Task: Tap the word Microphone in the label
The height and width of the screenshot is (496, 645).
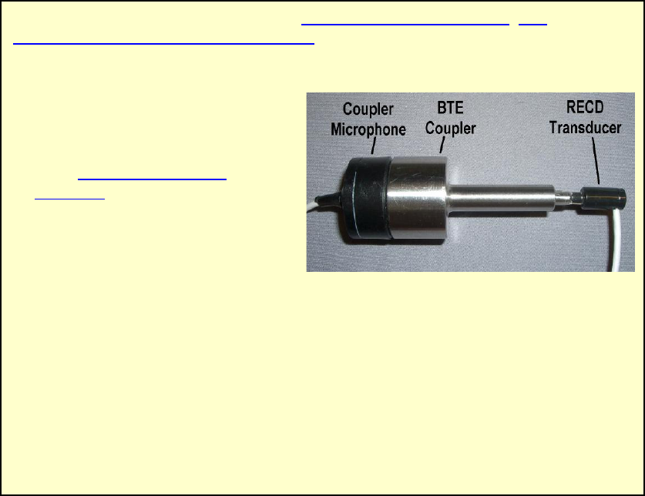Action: [368, 129]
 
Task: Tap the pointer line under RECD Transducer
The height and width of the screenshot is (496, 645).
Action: [595, 163]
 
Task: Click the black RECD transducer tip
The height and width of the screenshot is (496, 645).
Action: [606, 199]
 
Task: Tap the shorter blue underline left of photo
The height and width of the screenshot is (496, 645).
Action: [70, 198]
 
